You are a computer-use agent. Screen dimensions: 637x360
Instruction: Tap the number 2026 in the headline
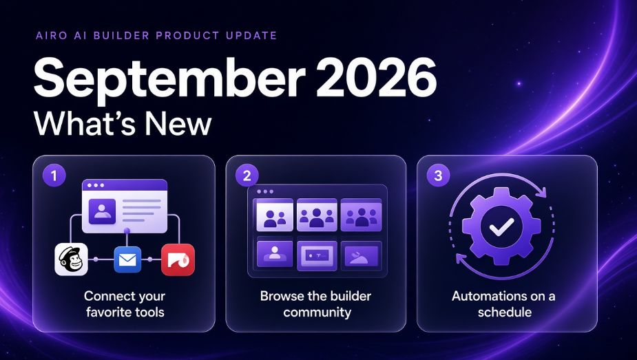pyautogui.click(x=376, y=76)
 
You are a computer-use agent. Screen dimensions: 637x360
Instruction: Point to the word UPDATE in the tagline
pyautogui.click(x=251, y=36)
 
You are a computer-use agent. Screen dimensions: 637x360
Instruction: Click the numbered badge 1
pyautogui.click(x=54, y=176)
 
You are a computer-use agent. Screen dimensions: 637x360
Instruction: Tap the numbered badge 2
pyautogui.click(x=247, y=176)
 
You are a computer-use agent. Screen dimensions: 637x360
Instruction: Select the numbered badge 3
pyautogui.click(x=438, y=176)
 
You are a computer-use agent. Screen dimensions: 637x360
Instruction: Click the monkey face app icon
pyautogui.click(x=71, y=260)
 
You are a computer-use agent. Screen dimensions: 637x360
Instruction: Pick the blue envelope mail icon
pyautogui.click(x=127, y=260)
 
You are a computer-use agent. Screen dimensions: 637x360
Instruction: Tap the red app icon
pyautogui.click(x=178, y=260)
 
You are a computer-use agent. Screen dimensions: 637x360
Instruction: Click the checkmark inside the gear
pyautogui.click(x=501, y=227)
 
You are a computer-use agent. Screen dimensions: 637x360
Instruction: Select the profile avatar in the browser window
pyautogui.click(x=101, y=211)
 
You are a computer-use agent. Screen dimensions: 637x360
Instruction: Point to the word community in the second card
pyautogui.click(x=317, y=313)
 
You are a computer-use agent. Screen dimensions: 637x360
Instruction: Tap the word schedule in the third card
pyautogui.click(x=505, y=312)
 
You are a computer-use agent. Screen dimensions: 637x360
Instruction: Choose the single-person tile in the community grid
pyautogui.click(x=275, y=254)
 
